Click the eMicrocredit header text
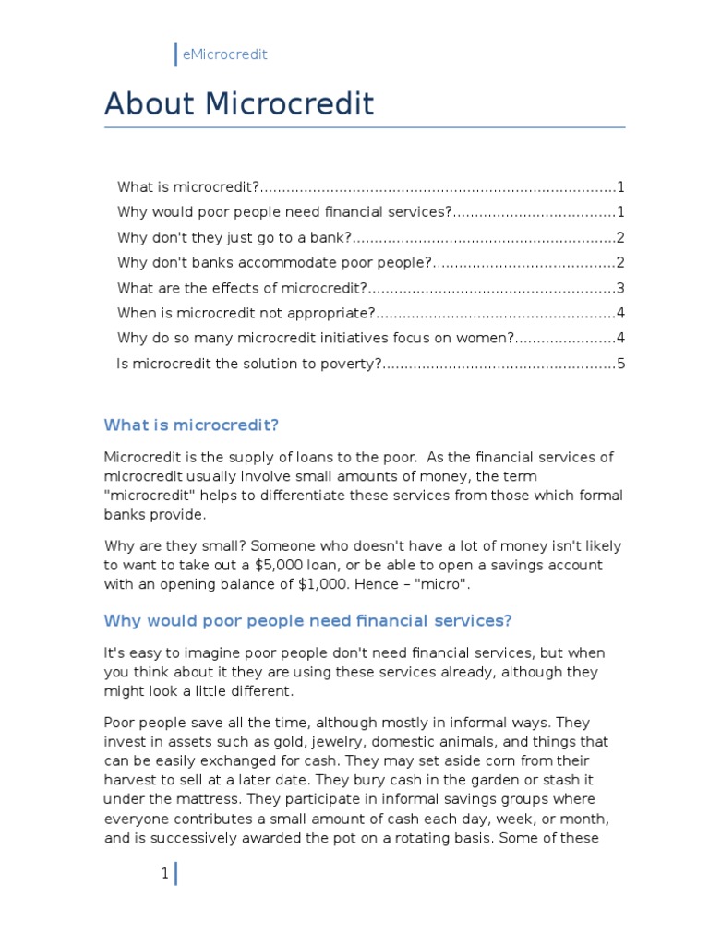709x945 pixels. [x=225, y=54]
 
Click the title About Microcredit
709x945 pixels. [x=239, y=104]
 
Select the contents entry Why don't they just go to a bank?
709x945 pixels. [x=235, y=237]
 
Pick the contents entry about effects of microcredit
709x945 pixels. [x=243, y=288]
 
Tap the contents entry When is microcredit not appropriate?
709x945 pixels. [x=246, y=313]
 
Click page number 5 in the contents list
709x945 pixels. [x=621, y=364]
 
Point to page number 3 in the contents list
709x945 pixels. [x=621, y=288]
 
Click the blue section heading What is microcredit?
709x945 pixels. [x=191, y=425]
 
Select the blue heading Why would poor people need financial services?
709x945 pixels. [x=307, y=620]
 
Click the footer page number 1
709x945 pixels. [x=164, y=874]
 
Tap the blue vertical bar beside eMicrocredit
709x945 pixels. [x=175, y=54]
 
